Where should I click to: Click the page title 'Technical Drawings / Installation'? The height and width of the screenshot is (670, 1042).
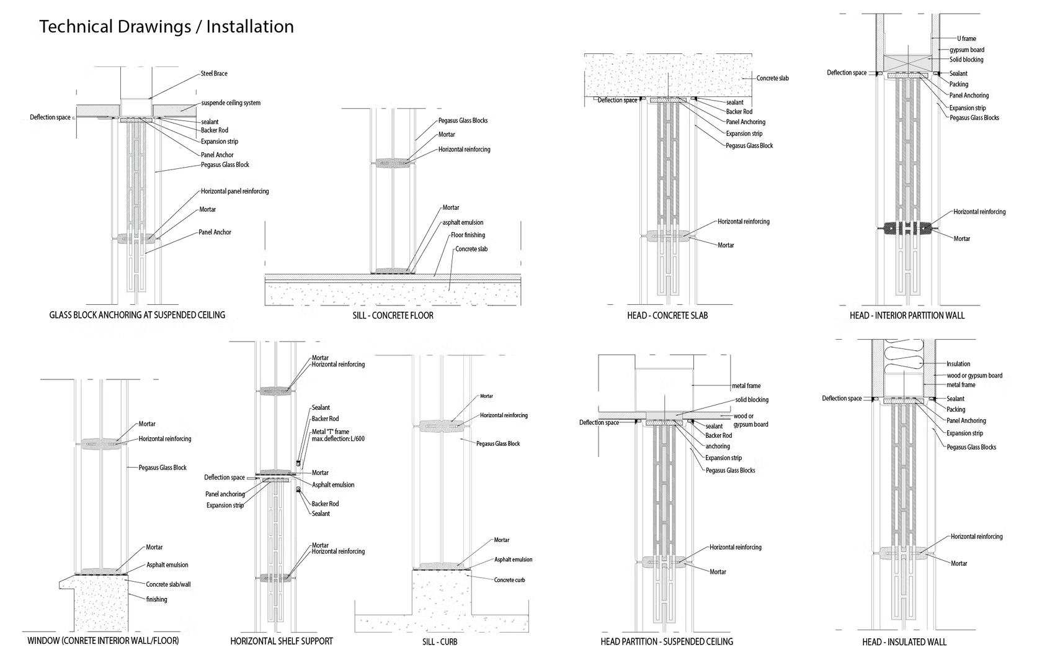point(166,27)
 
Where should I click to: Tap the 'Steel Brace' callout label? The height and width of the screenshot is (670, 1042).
point(214,73)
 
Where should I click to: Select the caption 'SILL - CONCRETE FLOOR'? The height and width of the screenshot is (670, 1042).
point(393,315)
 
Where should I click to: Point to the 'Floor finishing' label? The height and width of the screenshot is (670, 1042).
point(468,235)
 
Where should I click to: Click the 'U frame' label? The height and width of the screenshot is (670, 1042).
point(966,38)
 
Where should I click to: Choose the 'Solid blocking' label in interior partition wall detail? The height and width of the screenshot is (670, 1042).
point(966,60)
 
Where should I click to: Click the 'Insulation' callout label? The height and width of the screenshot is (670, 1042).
point(958,364)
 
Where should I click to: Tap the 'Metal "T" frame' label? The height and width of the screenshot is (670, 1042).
point(330,432)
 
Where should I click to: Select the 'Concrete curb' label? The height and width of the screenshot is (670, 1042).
point(510,580)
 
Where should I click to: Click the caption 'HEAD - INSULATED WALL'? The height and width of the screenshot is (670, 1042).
point(904,642)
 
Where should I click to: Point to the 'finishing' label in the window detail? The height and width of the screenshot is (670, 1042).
point(156,599)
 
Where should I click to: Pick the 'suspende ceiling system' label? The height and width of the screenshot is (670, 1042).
point(231,103)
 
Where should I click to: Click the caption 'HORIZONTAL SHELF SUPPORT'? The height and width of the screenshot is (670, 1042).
point(282,641)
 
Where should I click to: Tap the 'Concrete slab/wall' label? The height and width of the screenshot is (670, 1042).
point(169,584)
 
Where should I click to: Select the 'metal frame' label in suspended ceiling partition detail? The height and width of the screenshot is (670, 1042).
point(746,386)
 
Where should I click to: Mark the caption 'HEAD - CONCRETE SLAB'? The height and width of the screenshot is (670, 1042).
point(667,315)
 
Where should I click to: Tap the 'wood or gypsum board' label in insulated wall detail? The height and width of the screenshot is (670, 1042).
point(974,376)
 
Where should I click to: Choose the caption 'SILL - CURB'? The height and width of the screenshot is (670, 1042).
point(440,641)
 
